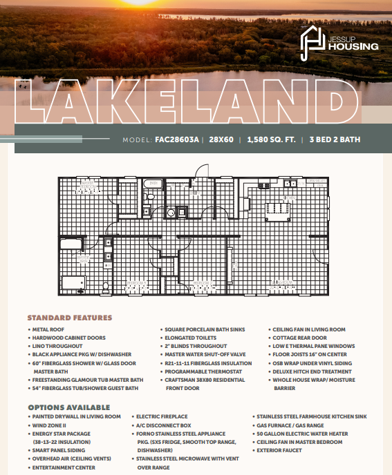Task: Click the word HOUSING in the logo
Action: tap(354, 47)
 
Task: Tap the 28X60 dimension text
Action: tap(223, 139)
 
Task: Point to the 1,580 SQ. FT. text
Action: tap(272, 139)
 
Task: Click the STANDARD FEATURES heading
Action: tap(69, 318)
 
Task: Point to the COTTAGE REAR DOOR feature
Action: tap(300, 338)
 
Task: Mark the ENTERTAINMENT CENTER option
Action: tap(64, 467)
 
